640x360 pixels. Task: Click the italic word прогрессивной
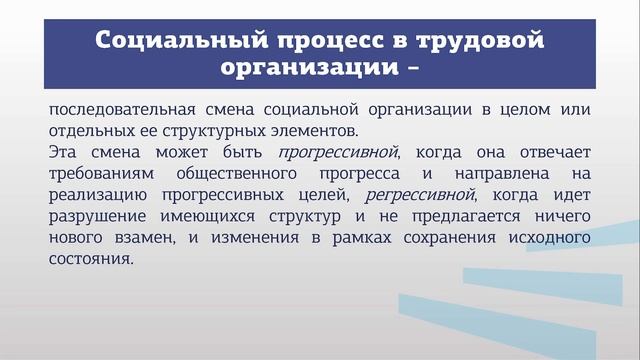click(339, 152)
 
